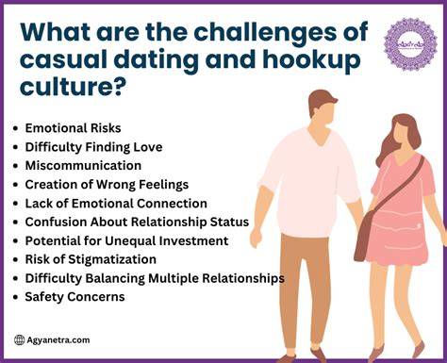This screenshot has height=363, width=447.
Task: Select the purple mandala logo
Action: pos(410,44)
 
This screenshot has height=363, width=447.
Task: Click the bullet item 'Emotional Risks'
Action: pos(73,128)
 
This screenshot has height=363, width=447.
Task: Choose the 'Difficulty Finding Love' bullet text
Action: pos(93,147)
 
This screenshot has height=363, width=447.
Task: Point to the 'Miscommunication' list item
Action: pos(83,166)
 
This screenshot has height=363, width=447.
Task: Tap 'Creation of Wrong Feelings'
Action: pos(107,185)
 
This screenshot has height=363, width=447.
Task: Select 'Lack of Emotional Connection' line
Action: pos(116,204)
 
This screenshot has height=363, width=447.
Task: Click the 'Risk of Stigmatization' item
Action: pos(91,259)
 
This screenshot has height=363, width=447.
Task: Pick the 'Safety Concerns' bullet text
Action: pos(74,297)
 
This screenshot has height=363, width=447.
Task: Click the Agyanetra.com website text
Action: pos(58,340)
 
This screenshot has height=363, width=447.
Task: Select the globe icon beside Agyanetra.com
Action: pos(20,340)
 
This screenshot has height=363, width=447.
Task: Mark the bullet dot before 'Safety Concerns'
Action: pos(15,297)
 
